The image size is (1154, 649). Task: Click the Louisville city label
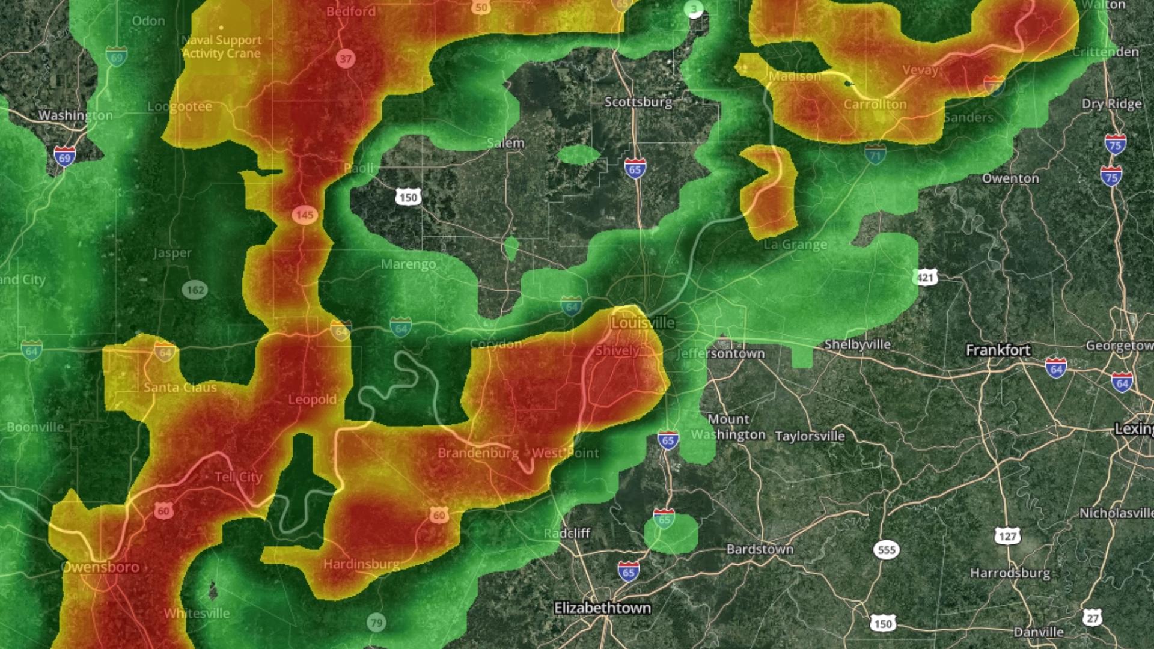tap(643, 323)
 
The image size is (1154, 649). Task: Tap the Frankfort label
tap(998, 350)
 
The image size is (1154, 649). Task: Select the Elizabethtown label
tap(602, 608)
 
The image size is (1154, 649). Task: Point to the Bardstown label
tap(760, 549)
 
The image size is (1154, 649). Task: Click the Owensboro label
tap(100, 567)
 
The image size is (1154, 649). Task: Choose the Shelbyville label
tap(857, 344)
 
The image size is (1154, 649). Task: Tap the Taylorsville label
tap(810, 436)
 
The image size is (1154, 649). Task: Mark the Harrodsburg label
tap(1010, 573)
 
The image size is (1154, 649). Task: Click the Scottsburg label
tap(638, 102)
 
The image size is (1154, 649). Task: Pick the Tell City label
tap(239, 477)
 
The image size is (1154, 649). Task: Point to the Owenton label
tap(1010, 178)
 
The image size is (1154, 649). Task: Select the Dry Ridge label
tap(1111, 104)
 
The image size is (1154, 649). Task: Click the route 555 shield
tap(887, 550)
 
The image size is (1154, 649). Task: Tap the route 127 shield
tap(1007, 536)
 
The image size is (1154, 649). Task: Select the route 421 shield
tap(926, 277)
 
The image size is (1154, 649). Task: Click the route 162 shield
tap(195, 290)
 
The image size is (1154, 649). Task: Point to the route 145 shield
tap(305, 215)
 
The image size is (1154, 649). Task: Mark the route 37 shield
tap(345, 58)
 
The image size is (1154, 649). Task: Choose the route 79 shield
tap(376, 623)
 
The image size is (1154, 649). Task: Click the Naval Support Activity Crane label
tap(222, 46)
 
